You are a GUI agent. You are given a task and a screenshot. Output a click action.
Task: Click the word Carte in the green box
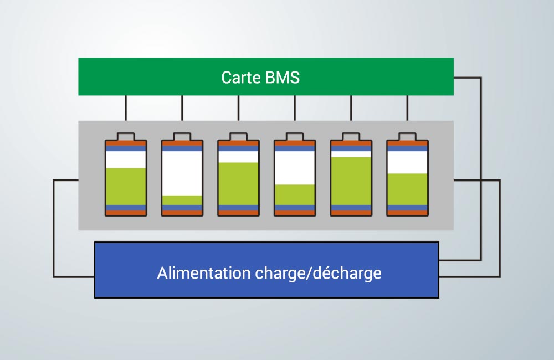click(241, 78)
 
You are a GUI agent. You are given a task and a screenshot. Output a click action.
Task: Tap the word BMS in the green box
click(283, 78)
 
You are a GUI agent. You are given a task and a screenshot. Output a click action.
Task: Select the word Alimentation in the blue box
click(204, 273)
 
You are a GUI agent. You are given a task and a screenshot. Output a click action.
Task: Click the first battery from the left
click(126, 174)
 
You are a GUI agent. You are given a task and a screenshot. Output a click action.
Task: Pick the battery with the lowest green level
click(182, 174)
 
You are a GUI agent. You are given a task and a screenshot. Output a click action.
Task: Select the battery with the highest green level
click(351, 174)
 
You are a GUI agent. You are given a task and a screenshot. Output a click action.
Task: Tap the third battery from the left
click(238, 174)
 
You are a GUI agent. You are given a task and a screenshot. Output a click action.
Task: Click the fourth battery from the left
click(295, 174)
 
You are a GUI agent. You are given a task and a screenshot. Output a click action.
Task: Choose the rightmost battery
click(407, 174)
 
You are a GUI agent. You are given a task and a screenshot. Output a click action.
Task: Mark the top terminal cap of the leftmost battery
click(126, 136)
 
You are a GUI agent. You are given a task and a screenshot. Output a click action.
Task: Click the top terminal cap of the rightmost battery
click(407, 136)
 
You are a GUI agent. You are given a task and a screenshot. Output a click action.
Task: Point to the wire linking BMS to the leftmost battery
click(126, 108)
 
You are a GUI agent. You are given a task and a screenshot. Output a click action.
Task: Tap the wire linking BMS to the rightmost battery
click(407, 108)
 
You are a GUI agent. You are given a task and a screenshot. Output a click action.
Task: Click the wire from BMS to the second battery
click(182, 108)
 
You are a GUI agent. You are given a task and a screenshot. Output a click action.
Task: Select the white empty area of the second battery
click(182, 173)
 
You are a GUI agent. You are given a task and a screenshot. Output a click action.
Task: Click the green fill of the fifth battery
click(351, 181)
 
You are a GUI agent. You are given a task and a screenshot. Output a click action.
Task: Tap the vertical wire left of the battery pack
click(53, 228)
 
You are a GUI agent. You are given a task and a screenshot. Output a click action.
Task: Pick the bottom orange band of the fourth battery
click(295, 213)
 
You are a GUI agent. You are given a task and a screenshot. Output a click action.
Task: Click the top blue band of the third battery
click(238, 148)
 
